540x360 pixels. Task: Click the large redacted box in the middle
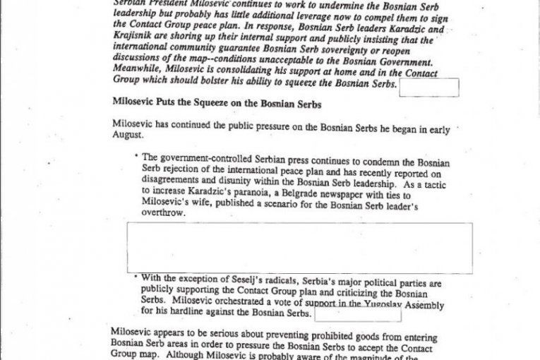click(300, 248)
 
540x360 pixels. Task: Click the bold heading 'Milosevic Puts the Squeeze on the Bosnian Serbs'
click(217, 102)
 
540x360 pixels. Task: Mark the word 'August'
click(128, 134)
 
